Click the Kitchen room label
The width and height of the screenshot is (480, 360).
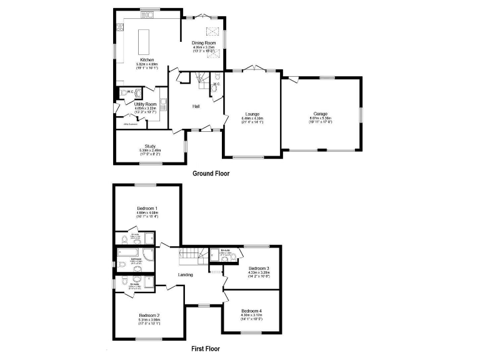(x=147, y=60)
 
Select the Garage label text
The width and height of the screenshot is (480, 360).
(x=321, y=114)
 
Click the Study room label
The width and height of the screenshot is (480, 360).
(x=150, y=146)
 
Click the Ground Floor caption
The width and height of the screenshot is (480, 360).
(x=211, y=174)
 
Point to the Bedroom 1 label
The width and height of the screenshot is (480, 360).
(x=147, y=208)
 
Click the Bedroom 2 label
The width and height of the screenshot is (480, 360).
(x=149, y=316)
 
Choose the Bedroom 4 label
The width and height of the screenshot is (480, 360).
(x=251, y=311)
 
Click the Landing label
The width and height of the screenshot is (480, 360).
(x=185, y=274)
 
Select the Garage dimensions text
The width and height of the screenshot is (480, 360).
(x=321, y=120)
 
